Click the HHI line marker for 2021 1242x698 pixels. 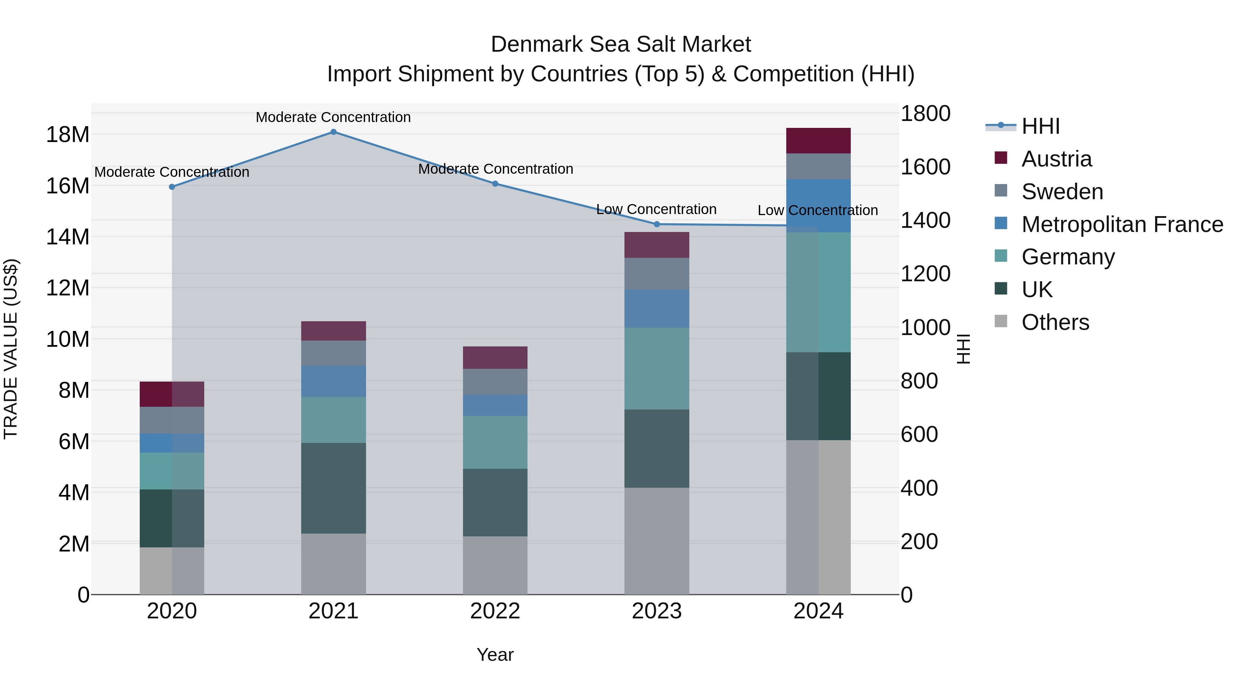(x=333, y=132)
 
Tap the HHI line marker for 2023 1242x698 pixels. (x=657, y=224)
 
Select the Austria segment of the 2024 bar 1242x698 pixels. (x=818, y=141)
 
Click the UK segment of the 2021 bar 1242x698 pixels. (x=333, y=488)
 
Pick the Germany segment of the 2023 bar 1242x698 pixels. (x=657, y=368)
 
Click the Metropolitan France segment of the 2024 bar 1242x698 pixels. (x=818, y=206)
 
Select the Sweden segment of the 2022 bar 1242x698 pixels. (x=495, y=382)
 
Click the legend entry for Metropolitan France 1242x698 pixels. (x=1122, y=224)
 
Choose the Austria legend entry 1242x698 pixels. (x=1056, y=159)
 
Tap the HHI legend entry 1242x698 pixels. (x=1041, y=126)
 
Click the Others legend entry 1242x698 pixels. (x=1055, y=322)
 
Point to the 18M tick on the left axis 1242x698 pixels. (x=68, y=134)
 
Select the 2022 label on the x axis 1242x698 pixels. (x=495, y=611)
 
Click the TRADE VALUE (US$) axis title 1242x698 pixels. (x=11, y=349)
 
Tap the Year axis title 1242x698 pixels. (x=495, y=655)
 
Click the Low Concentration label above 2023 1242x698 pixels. (x=656, y=210)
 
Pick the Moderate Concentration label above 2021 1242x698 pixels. (x=333, y=117)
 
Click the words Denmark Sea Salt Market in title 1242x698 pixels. (x=621, y=44)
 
